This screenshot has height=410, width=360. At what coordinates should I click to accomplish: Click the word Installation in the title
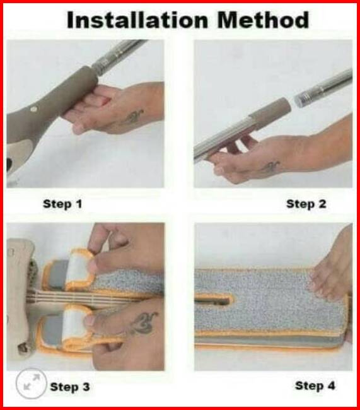137,20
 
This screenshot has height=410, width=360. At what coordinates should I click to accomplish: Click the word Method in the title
263,20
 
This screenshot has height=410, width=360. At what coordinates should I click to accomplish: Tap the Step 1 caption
62,204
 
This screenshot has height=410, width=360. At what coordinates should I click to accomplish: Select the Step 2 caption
306,204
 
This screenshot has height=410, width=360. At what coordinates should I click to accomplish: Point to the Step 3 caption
70,387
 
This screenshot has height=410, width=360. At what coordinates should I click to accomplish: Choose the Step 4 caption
315,385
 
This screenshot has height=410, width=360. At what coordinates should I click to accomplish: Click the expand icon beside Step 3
31,383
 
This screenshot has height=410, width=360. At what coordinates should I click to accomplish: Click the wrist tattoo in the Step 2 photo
270,167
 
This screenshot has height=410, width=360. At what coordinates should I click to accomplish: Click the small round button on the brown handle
33,109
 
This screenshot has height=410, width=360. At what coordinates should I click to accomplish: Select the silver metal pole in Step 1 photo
118,56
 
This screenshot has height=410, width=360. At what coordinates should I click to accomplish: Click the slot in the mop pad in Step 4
213,300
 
